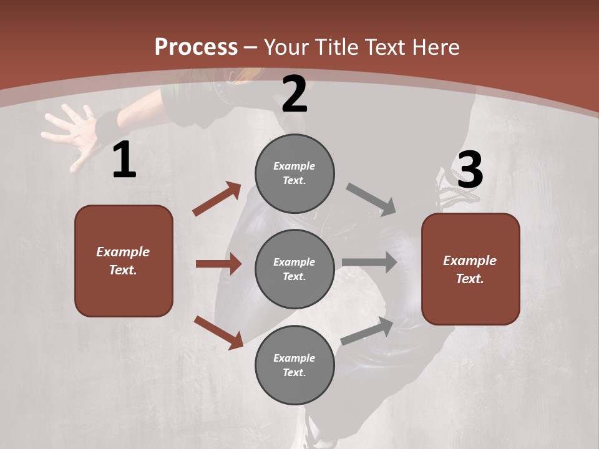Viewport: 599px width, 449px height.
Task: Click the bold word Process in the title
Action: click(196, 47)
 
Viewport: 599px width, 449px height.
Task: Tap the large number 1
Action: click(124, 160)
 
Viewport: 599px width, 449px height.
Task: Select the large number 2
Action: click(295, 94)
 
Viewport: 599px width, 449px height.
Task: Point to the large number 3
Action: click(470, 170)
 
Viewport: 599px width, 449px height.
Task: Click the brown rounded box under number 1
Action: click(124, 261)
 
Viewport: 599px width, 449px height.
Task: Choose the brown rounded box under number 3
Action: click(470, 269)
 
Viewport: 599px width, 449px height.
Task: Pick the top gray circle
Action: click(295, 173)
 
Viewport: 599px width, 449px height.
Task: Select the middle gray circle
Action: click(295, 269)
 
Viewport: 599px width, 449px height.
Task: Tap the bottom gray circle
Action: click(295, 365)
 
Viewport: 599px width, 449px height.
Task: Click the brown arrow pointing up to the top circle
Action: click(217, 199)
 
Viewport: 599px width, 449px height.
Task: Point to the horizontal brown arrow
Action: click(218, 264)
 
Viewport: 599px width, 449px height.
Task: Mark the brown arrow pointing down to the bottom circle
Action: click(218, 332)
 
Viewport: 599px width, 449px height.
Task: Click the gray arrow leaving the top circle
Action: click(371, 200)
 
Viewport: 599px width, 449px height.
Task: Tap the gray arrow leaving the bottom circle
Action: click(367, 331)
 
